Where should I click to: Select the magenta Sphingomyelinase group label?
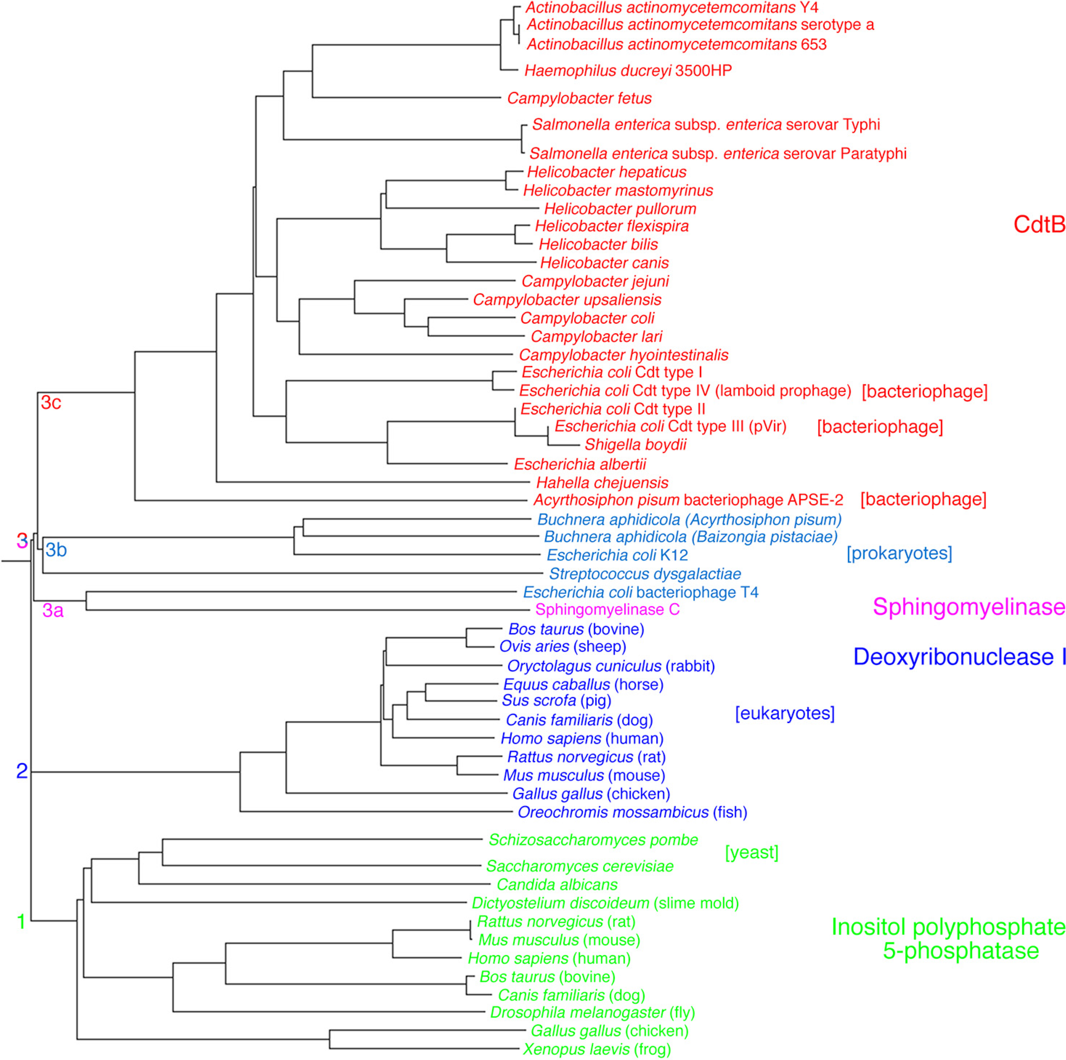pos(968,607)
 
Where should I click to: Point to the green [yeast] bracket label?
pos(751,852)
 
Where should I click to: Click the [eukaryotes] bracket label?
pos(785,713)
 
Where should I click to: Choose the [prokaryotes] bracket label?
pos(899,553)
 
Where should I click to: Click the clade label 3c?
pos(51,402)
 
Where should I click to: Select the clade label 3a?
pos(53,611)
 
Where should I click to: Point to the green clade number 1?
pos(21,922)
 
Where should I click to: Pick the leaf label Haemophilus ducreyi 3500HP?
pos(628,71)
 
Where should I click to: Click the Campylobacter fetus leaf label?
pos(579,98)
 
